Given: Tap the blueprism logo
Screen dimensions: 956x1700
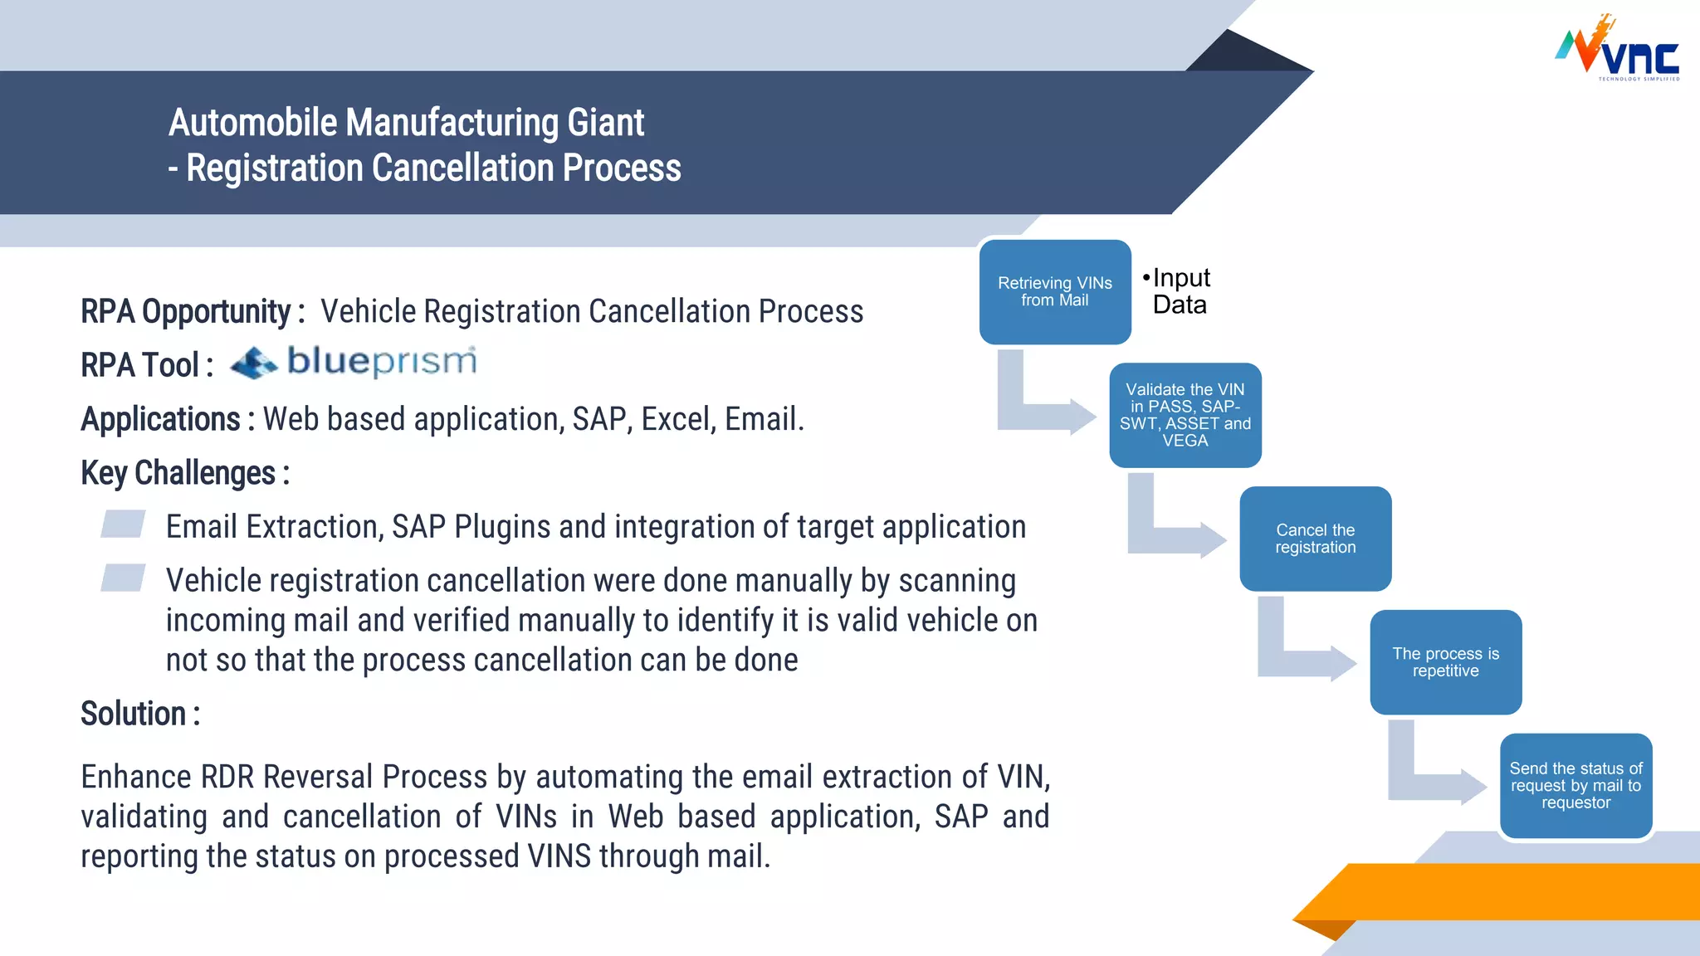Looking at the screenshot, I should coord(354,363).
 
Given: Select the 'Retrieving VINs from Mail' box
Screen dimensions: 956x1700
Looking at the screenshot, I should coord(1054,292).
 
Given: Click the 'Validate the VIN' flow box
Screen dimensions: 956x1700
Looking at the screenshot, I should coord(1185,415).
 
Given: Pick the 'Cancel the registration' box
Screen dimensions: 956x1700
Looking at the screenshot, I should coord(1315,539).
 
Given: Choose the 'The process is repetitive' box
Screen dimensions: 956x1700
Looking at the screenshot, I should coord(1445,662).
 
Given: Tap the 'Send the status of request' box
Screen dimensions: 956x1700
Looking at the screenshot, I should coord(1575,785).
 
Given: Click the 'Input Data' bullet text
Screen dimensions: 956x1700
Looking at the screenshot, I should coord(1180,291).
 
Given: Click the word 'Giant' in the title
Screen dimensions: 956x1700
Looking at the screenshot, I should coord(605,123).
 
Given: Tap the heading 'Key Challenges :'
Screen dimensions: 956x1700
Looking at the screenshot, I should coord(184,473).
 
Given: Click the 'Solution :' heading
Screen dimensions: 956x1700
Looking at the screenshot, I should coord(139,714).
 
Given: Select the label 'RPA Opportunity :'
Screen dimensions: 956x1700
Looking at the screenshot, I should coord(192,312).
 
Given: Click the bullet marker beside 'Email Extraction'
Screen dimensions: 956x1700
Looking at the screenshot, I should coord(123,524).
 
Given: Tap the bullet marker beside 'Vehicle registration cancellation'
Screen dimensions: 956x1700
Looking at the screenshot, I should coord(123,578).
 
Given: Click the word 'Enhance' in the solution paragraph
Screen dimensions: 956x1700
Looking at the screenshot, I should coord(134,778).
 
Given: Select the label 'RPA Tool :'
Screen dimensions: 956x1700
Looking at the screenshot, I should coord(146,366).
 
